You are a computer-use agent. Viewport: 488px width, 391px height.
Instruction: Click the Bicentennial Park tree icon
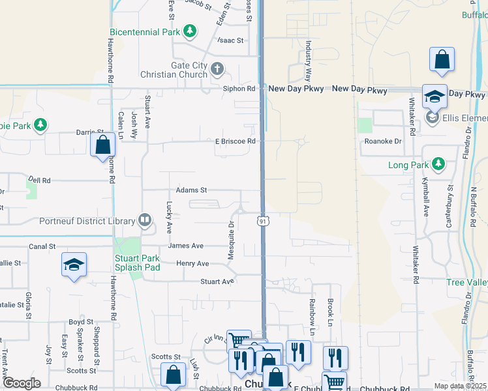[x=190, y=31]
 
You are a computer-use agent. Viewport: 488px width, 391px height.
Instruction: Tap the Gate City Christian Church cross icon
[x=217, y=68]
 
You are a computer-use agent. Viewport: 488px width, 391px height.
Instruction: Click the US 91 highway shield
[x=262, y=222]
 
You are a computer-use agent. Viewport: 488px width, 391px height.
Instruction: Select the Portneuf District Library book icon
[x=145, y=222]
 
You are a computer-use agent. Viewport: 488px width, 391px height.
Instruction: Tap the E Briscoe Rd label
[x=234, y=141]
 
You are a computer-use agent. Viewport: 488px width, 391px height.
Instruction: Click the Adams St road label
[x=191, y=190]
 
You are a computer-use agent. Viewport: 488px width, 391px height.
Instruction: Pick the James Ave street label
[x=185, y=246]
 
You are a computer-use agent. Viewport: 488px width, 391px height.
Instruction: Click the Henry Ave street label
[x=192, y=263]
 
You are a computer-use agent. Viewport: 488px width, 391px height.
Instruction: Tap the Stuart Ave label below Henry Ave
[x=217, y=282]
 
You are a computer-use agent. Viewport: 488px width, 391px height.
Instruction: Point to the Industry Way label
[x=308, y=53]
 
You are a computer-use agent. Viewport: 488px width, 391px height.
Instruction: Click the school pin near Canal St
[x=74, y=265]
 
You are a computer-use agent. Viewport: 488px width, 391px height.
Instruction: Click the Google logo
[x=22, y=383]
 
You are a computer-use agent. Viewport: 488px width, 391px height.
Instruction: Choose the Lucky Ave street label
[x=168, y=218]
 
